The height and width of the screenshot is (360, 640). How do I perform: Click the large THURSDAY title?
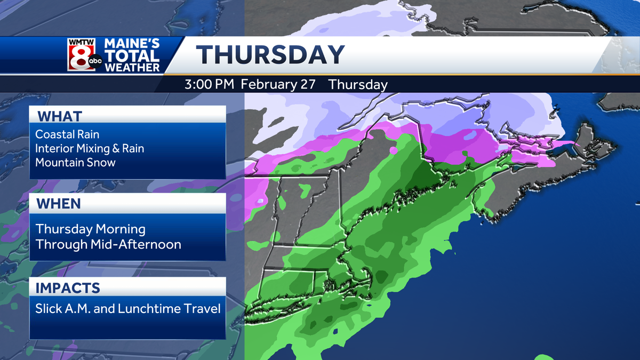(270, 55)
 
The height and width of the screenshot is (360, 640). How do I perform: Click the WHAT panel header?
(59, 116)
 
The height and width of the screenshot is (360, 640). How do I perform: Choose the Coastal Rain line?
(67, 134)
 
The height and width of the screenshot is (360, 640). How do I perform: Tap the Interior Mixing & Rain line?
(90, 148)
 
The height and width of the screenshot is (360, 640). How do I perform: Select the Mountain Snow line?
(75, 162)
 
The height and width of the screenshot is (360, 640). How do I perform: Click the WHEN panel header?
(59, 203)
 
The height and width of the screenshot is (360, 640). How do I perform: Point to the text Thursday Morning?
(90, 229)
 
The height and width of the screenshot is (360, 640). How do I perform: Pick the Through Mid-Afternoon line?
(108, 244)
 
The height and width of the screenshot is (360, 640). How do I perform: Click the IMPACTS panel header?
(68, 288)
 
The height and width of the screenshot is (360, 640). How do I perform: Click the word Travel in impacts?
(203, 308)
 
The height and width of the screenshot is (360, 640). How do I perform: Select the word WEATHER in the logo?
(132, 68)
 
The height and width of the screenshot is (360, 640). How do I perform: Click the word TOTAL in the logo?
(132, 56)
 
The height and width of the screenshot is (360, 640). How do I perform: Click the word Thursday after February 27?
(358, 84)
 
